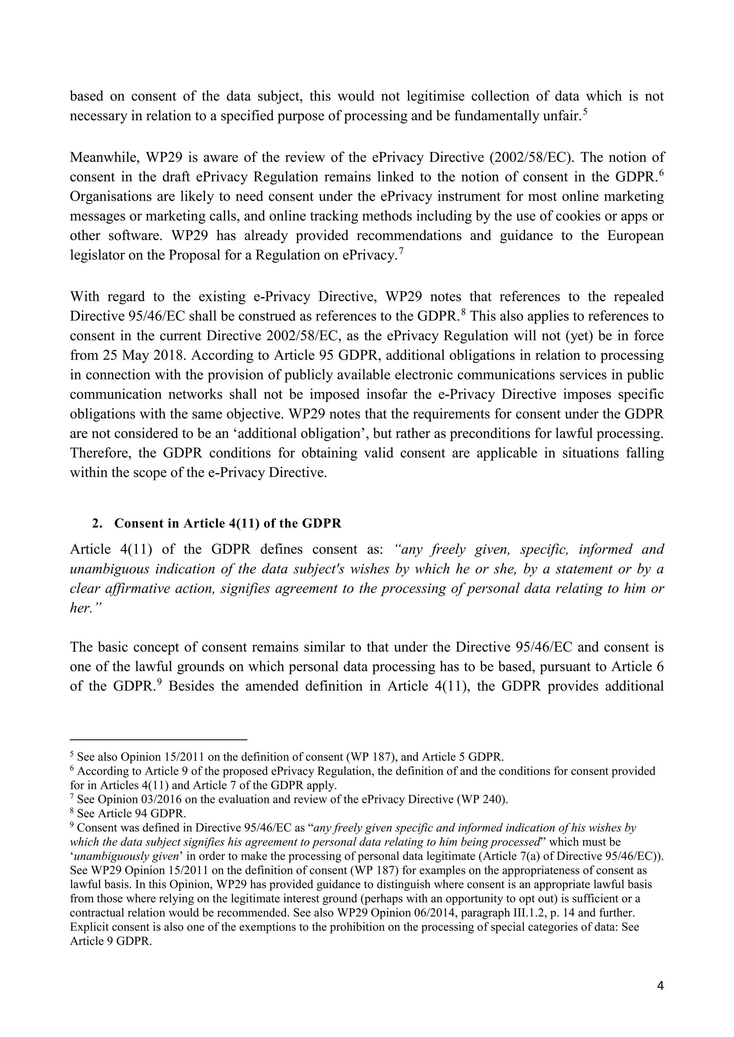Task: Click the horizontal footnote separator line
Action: tap(158, 740)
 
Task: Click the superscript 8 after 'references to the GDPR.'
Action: tap(463, 311)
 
